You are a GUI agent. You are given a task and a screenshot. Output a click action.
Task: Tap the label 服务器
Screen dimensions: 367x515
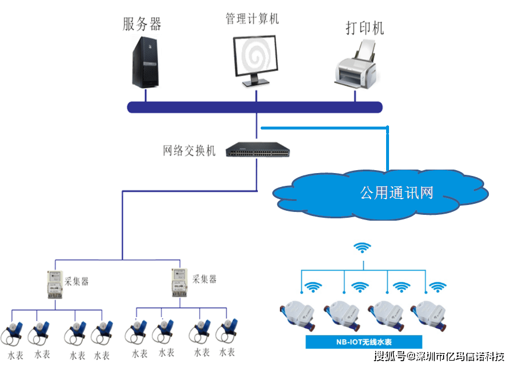click(142, 24)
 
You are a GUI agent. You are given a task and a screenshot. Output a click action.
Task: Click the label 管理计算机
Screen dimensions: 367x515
click(252, 19)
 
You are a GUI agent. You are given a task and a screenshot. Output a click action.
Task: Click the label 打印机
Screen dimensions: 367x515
click(365, 28)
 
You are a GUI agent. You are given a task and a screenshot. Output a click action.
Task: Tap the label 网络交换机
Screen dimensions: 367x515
click(189, 151)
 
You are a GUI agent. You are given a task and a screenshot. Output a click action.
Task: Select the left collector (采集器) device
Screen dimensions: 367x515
click(55, 284)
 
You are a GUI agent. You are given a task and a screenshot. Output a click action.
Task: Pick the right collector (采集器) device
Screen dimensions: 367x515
click(180, 283)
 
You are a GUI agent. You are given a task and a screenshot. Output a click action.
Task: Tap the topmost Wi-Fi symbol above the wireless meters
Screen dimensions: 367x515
click(363, 248)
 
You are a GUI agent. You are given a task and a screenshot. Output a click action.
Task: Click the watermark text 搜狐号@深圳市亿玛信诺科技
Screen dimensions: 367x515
click(438, 356)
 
